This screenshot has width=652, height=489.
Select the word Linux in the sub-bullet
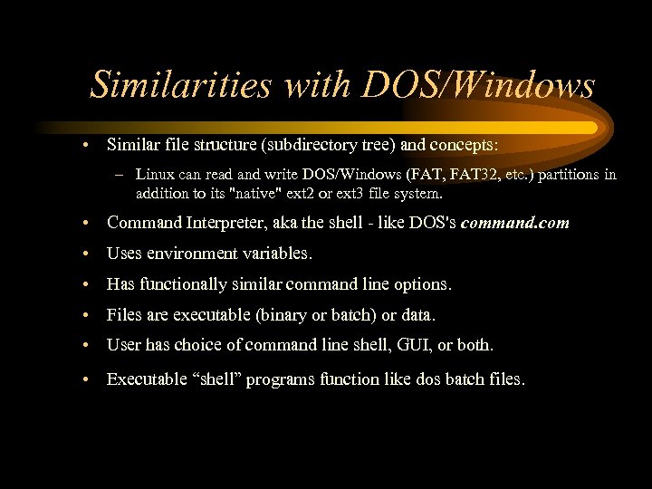coord(154,174)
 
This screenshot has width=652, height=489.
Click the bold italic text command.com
coord(515,222)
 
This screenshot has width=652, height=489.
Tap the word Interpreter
coord(226,222)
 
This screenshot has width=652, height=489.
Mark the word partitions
coord(573,174)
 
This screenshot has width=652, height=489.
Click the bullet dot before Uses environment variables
coord(83,254)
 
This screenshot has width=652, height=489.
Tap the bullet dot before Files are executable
coord(83,316)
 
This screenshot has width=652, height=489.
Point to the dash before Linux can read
coord(120,174)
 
